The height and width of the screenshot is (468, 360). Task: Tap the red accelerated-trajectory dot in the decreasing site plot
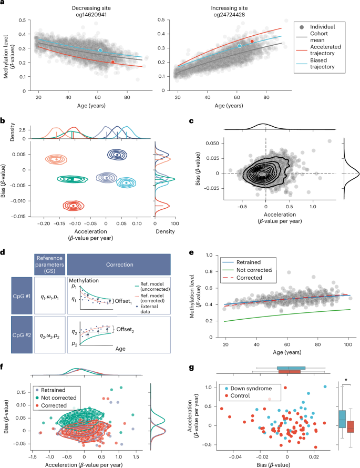point(113,62)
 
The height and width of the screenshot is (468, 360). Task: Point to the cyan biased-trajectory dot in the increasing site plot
point(239,46)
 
